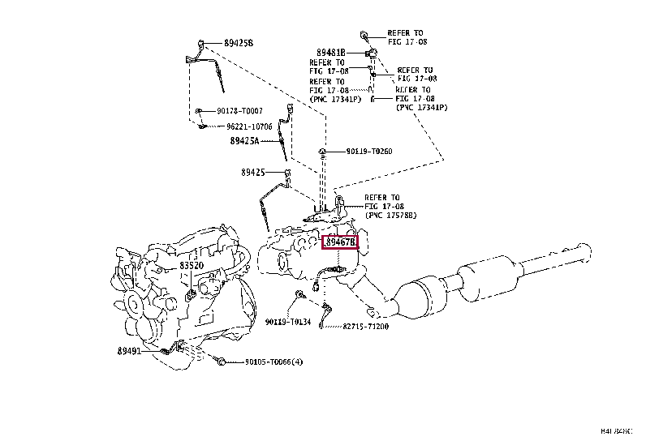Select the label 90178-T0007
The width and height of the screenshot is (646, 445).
[239, 110]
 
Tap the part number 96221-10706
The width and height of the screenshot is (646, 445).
[249, 126]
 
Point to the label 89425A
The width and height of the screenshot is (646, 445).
[243, 140]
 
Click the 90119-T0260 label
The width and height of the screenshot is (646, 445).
[369, 151]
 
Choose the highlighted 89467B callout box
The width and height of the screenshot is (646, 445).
[341, 242]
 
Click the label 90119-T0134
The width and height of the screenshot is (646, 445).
[288, 322]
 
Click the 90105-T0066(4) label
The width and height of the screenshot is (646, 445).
[273, 362]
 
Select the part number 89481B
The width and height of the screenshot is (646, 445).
[331, 53]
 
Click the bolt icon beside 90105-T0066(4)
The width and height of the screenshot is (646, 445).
[222, 362]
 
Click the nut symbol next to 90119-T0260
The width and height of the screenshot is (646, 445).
[323, 151]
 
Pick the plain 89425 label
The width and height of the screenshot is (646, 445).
[252, 172]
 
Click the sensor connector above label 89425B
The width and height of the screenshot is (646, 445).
[200, 41]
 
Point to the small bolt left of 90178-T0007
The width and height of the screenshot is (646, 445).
[197, 110]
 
